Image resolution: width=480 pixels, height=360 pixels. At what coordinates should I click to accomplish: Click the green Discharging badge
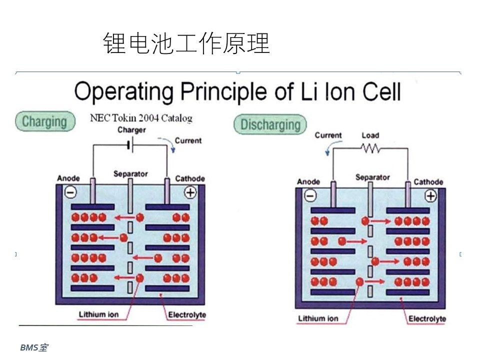tap(270, 124)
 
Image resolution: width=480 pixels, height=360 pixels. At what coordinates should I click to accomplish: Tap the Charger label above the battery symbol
tap(131, 130)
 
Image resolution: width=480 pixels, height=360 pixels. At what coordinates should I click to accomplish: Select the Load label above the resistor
tap(370, 135)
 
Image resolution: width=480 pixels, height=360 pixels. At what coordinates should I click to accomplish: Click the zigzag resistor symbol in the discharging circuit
tap(370, 148)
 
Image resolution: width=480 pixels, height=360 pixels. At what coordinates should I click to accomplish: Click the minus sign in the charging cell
tap(70, 192)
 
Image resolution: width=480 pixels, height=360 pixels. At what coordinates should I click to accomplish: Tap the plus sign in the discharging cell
tap(430, 195)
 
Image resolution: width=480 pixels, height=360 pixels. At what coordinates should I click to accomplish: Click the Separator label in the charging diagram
tap(130, 174)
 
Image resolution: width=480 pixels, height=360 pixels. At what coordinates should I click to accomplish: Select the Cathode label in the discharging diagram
tap(428, 182)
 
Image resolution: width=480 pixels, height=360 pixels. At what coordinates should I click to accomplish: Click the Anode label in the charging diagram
tap(68, 178)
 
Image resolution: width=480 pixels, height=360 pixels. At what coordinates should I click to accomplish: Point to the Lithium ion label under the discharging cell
tap(318, 318)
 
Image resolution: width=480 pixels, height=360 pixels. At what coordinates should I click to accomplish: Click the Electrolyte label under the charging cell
tap(187, 314)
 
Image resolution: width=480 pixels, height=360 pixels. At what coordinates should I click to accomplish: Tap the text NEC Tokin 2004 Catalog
tap(141, 118)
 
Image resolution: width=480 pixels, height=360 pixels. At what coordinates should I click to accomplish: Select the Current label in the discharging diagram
tap(328, 135)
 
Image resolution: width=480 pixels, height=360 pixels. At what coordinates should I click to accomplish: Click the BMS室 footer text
tap(34, 348)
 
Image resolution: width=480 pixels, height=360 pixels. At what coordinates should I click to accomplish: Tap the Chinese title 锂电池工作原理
tap(186, 43)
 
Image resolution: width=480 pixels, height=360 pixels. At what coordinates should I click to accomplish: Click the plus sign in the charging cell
tap(190, 192)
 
